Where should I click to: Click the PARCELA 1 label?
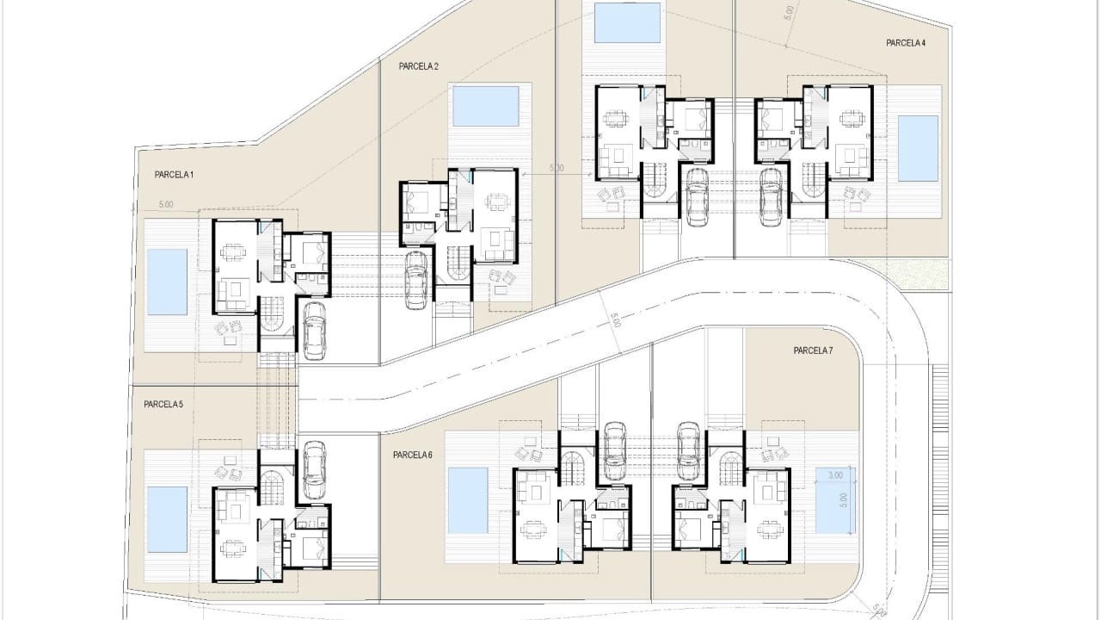coord(174,175)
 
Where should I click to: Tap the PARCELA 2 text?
coord(419,66)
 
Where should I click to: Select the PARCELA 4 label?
coord(906,42)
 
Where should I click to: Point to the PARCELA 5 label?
coord(163,404)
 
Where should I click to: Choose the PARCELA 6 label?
coord(413,455)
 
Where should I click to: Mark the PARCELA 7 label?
coord(813,350)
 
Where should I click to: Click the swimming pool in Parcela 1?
coord(167,282)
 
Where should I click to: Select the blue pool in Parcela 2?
coord(486,106)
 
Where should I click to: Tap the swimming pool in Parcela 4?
coord(918,148)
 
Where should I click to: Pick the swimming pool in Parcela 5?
coord(167,519)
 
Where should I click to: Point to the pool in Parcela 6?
coord(468,500)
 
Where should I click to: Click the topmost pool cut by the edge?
coord(628,22)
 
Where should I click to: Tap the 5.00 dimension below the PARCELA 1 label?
coord(166,205)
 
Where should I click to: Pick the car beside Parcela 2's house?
coord(417,280)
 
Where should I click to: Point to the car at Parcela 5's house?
coord(314,469)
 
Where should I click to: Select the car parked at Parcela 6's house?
coord(614,449)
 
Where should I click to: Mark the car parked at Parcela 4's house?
coord(771,195)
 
